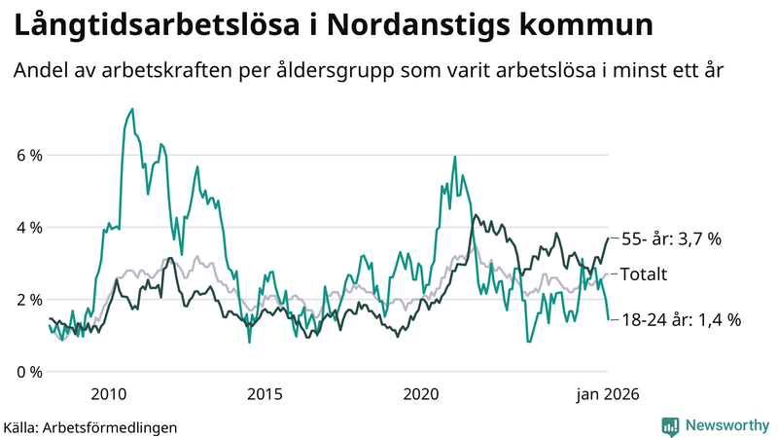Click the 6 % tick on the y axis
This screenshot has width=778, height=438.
[28, 156]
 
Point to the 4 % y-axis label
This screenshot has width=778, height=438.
[28, 228]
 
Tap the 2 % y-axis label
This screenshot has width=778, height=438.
[28, 300]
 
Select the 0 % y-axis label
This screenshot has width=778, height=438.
[28, 372]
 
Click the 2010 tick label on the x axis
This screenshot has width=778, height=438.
[108, 394]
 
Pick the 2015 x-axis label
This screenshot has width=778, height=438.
[265, 394]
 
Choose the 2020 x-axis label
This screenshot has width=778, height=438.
[421, 394]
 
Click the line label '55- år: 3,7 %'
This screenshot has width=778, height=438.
[671, 238]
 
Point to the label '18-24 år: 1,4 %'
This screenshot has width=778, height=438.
[681, 319]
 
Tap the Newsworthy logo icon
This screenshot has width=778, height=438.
[670, 425]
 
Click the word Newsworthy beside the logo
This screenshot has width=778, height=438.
[727, 425]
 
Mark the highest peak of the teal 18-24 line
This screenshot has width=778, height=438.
[132, 109]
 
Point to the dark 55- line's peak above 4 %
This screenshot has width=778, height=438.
[475, 215]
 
